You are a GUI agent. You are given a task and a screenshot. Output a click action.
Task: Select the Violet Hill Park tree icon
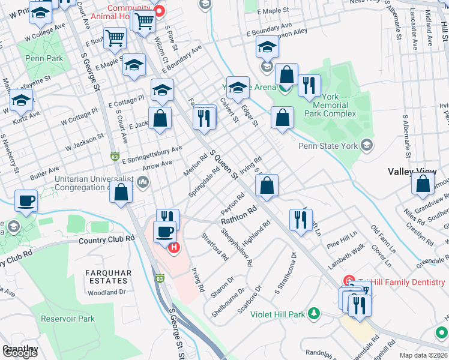(313, 314)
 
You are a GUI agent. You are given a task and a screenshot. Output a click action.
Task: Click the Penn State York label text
(328, 145)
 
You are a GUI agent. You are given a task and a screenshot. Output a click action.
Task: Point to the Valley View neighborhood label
(412, 172)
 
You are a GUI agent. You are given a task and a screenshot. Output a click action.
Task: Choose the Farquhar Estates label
(108, 277)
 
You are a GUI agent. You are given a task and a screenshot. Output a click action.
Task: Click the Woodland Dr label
(106, 292)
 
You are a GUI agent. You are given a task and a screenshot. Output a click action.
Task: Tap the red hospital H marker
(174, 247)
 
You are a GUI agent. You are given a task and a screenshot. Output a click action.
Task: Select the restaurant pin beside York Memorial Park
(309, 85)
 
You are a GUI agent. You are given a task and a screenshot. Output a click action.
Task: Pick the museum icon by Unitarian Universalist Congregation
(143, 181)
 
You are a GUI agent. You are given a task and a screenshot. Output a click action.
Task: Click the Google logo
(20, 353)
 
